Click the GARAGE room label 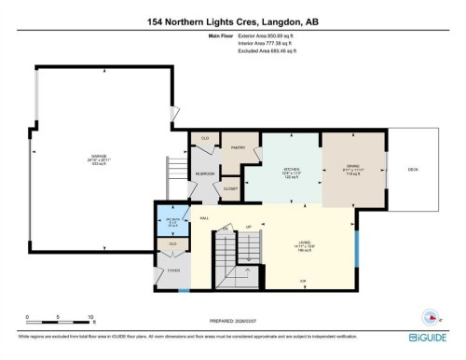pos(99,156)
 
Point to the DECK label pos(412,169)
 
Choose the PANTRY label pos(238,145)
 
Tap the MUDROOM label pos(205,173)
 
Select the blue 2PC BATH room pos(171,223)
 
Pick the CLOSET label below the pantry pos(231,189)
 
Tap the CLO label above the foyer pos(171,244)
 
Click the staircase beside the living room pos(226,255)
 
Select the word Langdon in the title pos(281,19)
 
